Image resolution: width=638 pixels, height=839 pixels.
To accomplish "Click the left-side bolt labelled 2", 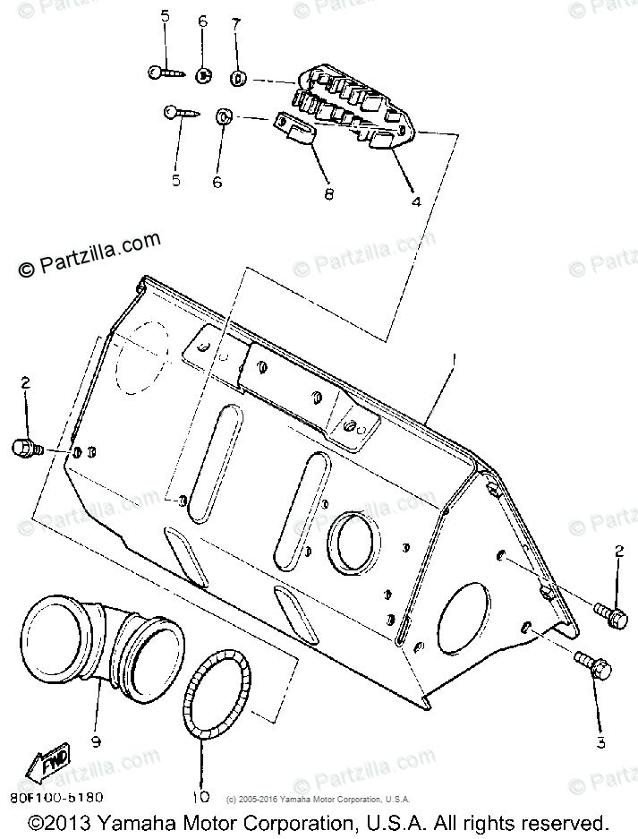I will pyautogui.click(x=26, y=445).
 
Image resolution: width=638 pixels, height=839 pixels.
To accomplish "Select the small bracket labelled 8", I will pyautogui.click(x=295, y=128).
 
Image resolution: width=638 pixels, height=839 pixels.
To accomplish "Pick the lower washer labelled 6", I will pyautogui.click(x=223, y=116).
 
